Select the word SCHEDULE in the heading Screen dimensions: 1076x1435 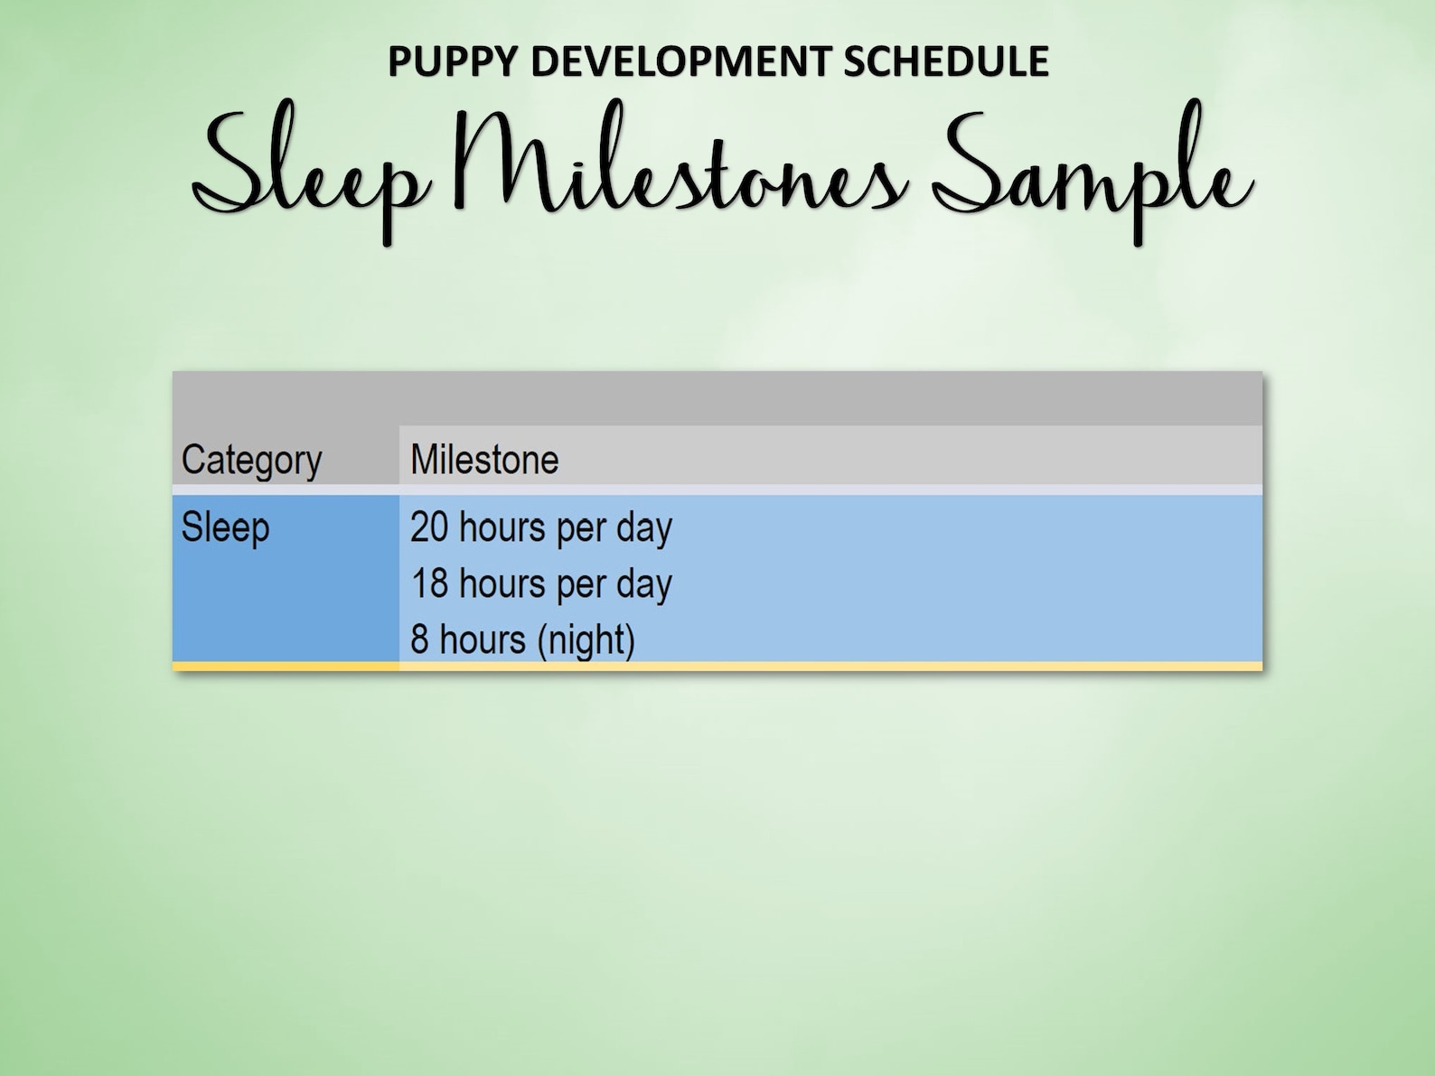946,62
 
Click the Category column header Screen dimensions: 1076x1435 251,460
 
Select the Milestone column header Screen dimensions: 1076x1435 484,460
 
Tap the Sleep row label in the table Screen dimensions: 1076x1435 225,528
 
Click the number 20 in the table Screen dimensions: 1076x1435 429,528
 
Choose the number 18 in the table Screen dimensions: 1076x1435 429,584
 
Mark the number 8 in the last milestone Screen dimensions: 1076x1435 419,640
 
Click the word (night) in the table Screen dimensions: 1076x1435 586,641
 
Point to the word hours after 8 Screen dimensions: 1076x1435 482,640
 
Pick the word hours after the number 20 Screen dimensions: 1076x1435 502,528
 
